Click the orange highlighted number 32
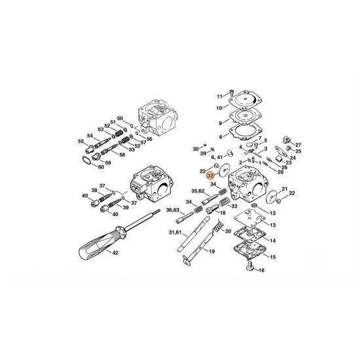click(x=210, y=176)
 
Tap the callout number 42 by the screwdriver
click(x=115, y=253)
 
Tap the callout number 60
click(x=101, y=166)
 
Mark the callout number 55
click(x=81, y=141)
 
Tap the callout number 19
click(x=212, y=251)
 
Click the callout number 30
click(x=195, y=149)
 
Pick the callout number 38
click(x=94, y=190)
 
